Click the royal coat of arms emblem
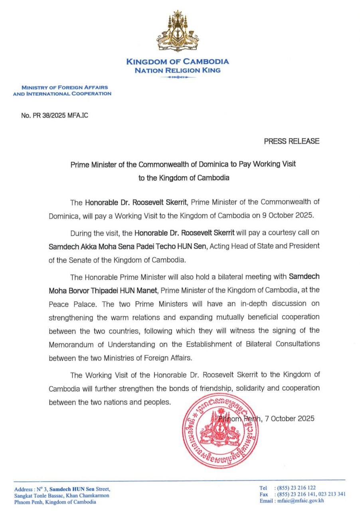point(178,32)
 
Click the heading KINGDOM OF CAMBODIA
point(178,61)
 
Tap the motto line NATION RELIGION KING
point(177,70)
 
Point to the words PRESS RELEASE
point(291,141)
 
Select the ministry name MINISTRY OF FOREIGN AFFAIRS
point(64,87)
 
